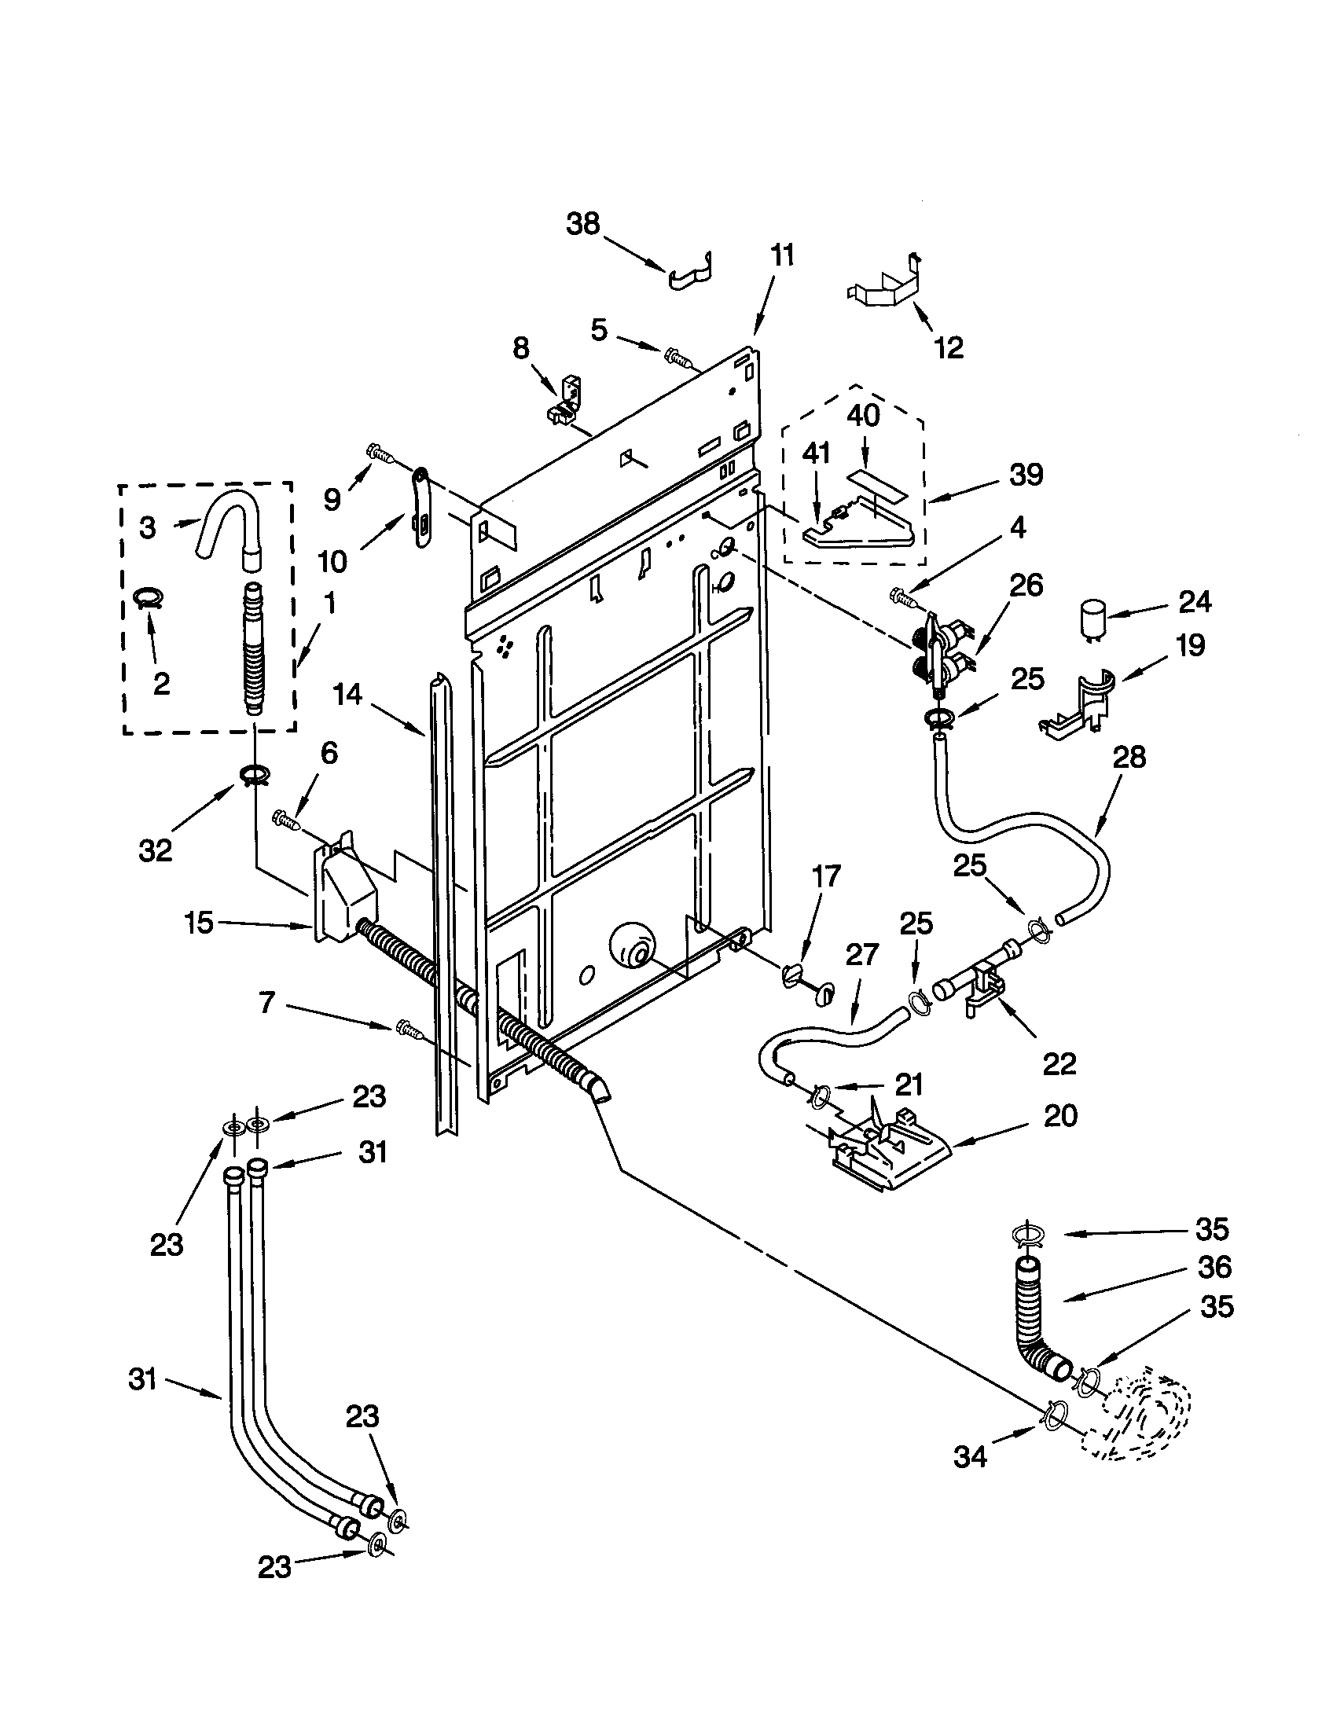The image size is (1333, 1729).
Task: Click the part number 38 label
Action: click(x=582, y=225)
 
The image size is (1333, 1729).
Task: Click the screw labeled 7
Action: click(x=406, y=1029)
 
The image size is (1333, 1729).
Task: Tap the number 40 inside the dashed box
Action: click(x=863, y=415)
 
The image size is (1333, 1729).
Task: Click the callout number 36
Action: click(x=1214, y=1268)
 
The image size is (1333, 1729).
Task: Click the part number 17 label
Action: click(x=825, y=876)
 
